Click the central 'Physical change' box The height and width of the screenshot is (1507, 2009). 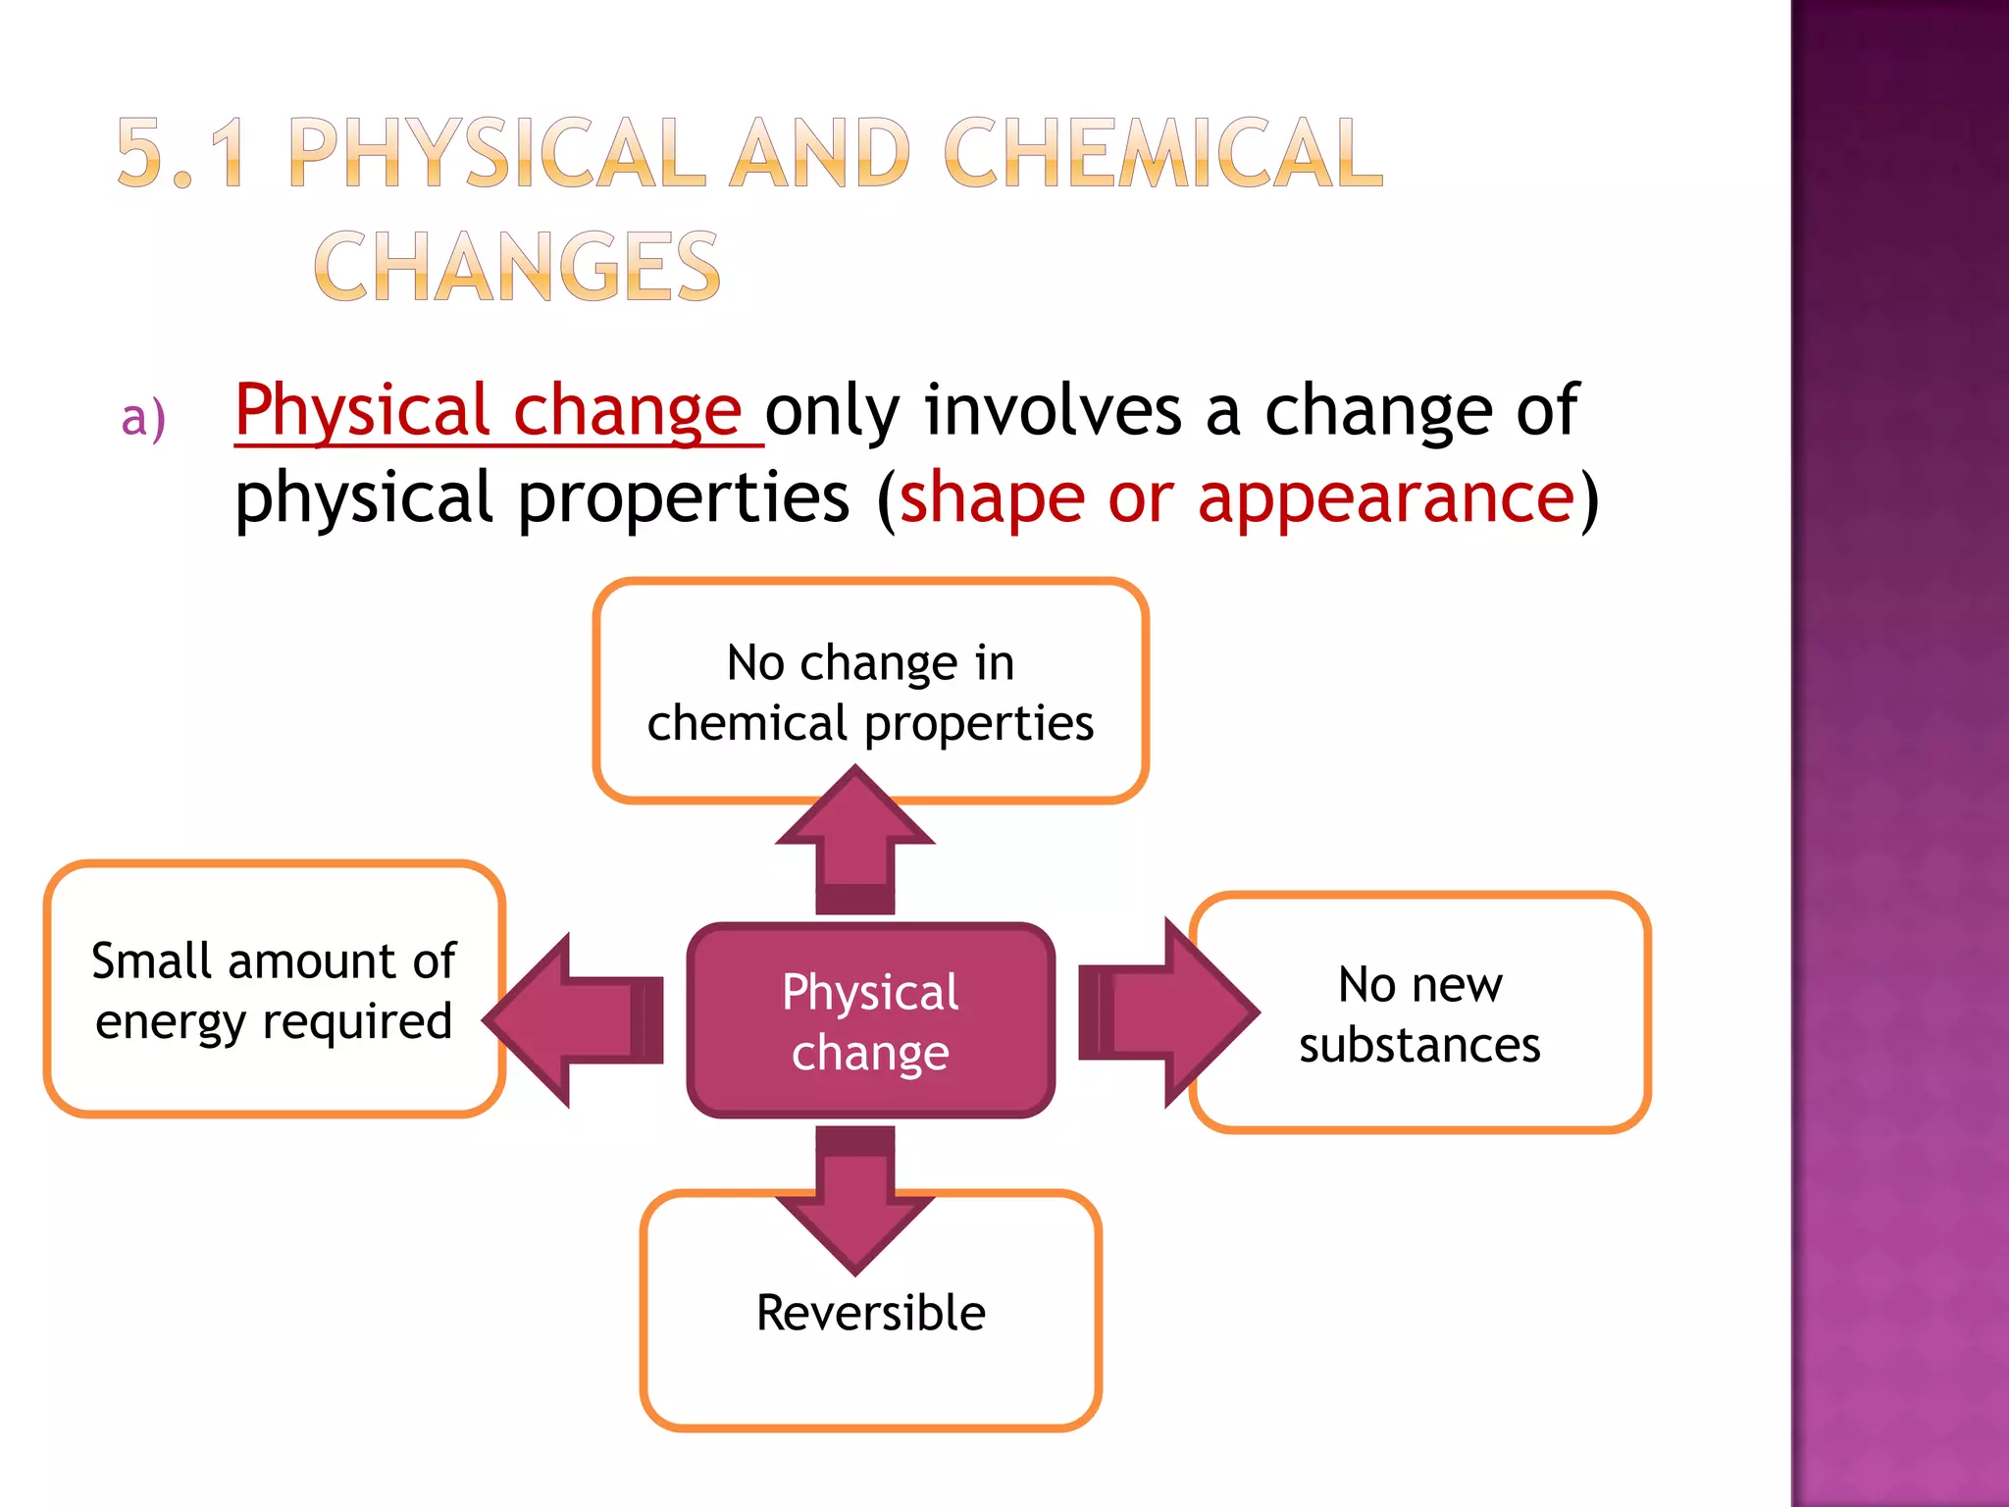(x=870, y=1020)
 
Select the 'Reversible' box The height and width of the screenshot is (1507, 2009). (x=870, y=1313)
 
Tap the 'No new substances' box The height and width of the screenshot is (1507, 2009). (x=1419, y=1013)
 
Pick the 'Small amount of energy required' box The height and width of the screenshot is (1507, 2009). (x=274, y=989)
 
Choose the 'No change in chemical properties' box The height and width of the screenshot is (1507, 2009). (x=870, y=692)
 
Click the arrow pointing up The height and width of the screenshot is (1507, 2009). (x=855, y=844)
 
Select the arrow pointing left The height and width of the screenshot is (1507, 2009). (x=579, y=1020)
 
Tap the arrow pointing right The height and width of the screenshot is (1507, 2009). (x=1167, y=1013)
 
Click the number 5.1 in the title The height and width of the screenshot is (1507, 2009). (x=181, y=153)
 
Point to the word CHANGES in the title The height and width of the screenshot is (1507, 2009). (x=517, y=267)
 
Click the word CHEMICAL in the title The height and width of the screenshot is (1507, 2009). (x=1162, y=153)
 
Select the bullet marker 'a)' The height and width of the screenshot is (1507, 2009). (x=143, y=418)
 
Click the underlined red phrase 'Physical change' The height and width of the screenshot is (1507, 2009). (x=488, y=410)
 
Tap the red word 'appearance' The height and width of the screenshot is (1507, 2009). (x=1386, y=498)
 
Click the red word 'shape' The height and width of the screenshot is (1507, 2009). (x=992, y=498)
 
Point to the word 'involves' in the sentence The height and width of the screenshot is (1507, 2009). (x=1053, y=410)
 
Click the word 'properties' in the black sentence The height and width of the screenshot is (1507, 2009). (x=684, y=498)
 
